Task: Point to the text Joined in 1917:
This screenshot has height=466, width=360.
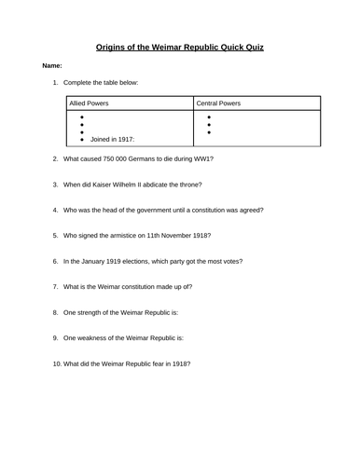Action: [x=112, y=139]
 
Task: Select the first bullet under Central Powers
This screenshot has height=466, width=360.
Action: [x=209, y=117]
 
